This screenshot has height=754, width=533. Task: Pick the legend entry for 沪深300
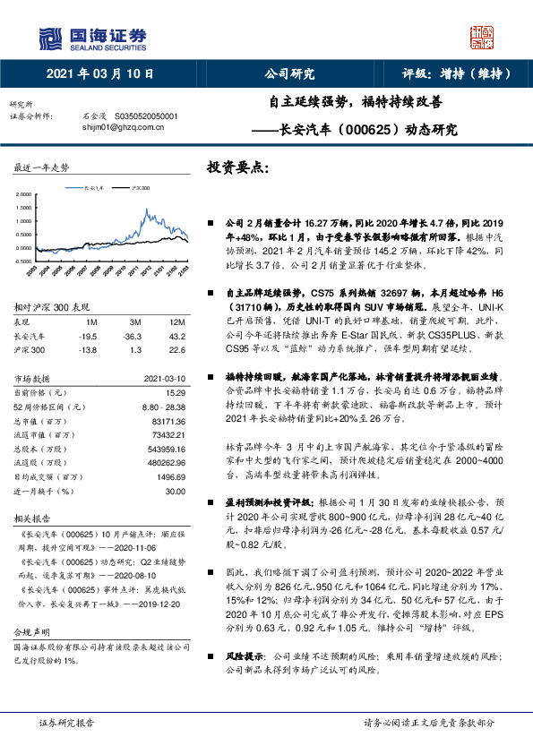[134, 189]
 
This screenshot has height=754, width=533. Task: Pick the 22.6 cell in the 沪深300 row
[176, 350]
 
